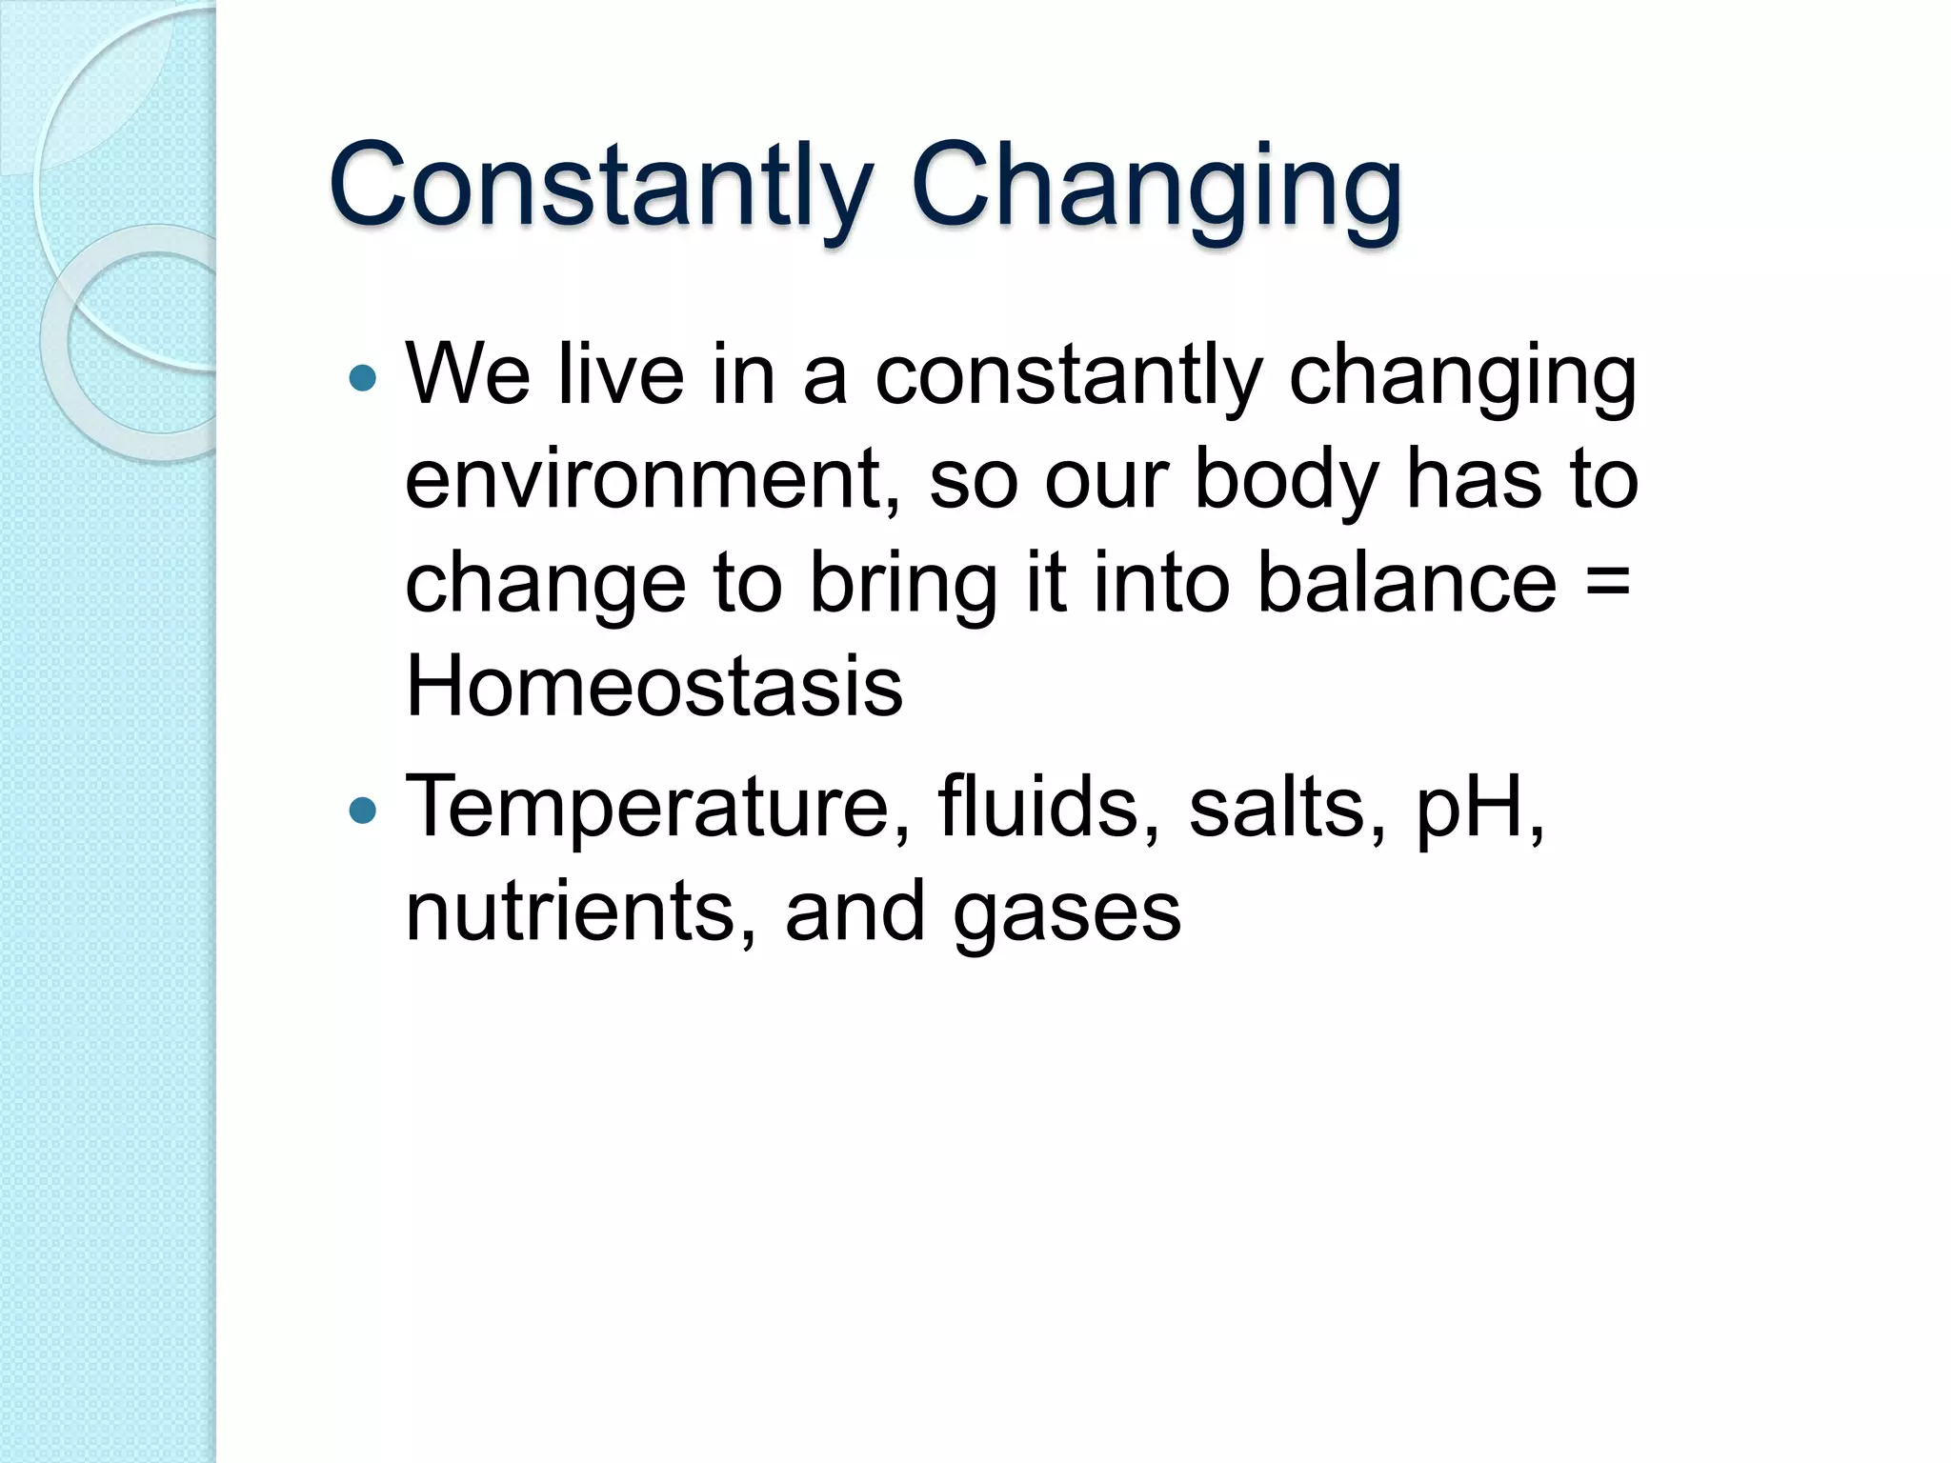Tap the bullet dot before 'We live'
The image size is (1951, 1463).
coord(363,378)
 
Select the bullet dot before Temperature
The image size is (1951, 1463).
coord(363,811)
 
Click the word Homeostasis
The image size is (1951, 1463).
coord(654,687)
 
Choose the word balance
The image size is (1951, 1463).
coord(1406,583)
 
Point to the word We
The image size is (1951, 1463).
coord(468,375)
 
